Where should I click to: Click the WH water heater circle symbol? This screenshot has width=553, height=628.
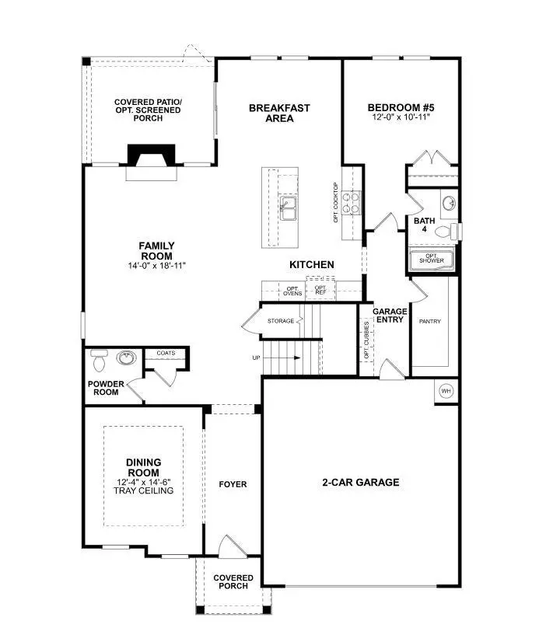click(446, 390)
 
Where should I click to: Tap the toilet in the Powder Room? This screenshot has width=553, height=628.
click(98, 361)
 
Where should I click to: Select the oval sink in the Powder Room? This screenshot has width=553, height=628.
click(124, 358)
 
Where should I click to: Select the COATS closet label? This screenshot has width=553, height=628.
click(166, 353)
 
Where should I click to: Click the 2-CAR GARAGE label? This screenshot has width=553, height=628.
click(360, 483)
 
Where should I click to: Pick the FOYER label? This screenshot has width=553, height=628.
click(233, 484)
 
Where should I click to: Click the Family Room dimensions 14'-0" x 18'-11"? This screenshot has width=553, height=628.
click(156, 266)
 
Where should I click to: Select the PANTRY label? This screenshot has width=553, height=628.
click(430, 321)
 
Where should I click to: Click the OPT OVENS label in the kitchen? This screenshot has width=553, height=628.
click(292, 291)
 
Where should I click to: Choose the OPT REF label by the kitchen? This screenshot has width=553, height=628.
click(320, 290)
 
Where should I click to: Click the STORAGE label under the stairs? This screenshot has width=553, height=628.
click(281, 320)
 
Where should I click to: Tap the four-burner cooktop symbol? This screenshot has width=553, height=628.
click(351, 203)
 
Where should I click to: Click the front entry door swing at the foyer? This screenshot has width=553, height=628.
click(229, 546)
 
